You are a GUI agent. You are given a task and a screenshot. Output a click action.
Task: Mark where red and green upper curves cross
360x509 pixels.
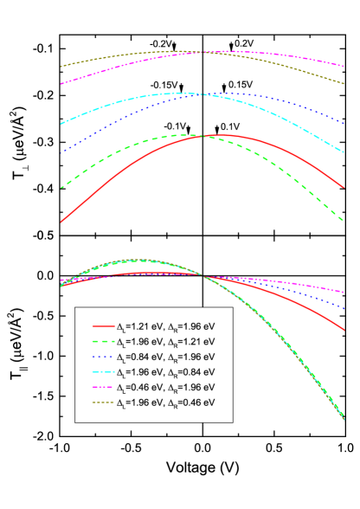(204, 136)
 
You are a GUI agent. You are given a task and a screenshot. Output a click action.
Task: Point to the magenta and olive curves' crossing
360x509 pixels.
(204, 52)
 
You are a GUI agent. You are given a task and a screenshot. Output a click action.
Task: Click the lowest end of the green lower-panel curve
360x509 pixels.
(344, 418)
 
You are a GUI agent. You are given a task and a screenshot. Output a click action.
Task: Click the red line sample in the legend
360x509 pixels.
(103, 326)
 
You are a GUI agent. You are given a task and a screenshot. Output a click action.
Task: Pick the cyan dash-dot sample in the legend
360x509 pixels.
(103, 372)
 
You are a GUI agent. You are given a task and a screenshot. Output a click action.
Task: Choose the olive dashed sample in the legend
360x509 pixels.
(103, 403)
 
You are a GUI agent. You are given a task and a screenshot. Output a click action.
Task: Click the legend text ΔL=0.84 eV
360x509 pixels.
(138, 357)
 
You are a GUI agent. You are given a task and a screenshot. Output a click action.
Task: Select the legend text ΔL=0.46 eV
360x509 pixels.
(138, 387)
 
